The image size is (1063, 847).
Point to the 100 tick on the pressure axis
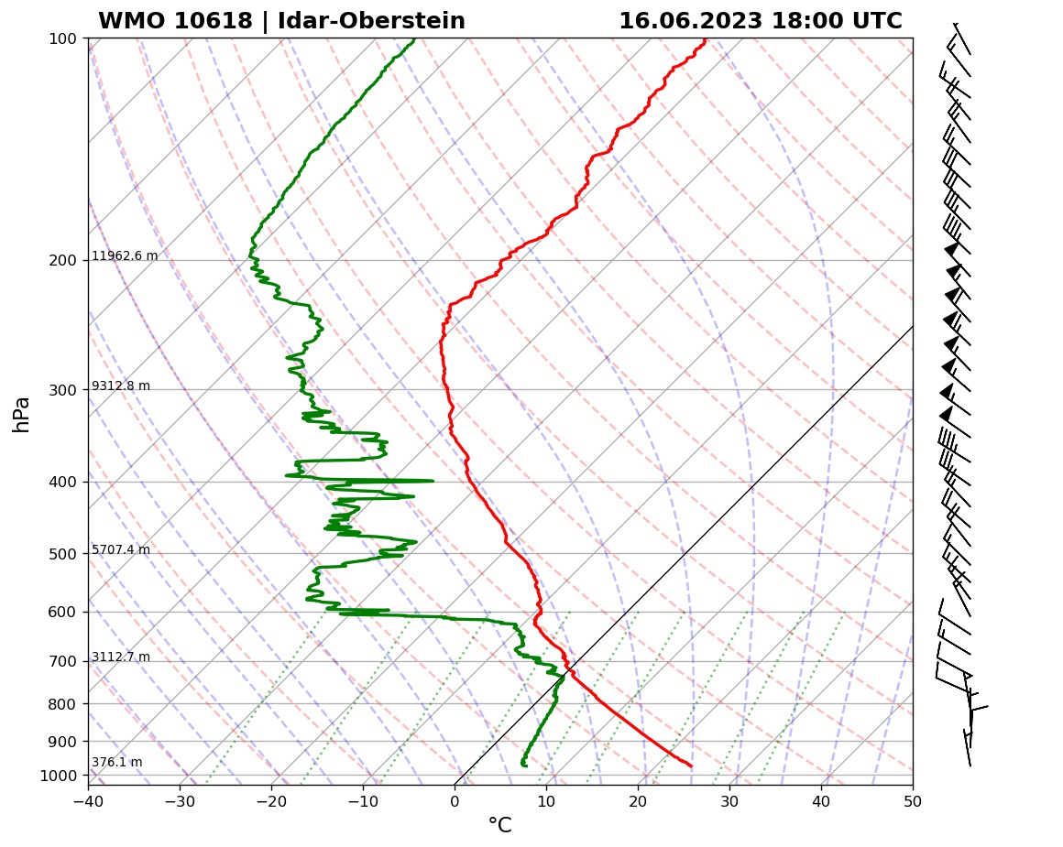[62, 38]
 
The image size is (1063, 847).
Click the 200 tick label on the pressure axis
[62, 261]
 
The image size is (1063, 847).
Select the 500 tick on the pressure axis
[62, 554]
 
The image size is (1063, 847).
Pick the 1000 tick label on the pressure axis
[59, 776]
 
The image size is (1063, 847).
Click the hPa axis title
[22, 414]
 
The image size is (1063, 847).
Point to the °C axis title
[499, 827]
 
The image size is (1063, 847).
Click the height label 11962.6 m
[125, 256]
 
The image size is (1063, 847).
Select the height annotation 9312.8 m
[121, 386]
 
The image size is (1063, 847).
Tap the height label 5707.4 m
[121, 550]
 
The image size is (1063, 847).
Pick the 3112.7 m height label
[121, 657]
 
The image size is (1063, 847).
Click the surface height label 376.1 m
[117, 763]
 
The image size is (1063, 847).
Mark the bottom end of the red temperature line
[691, 766]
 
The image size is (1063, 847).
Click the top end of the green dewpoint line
[413, 39]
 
